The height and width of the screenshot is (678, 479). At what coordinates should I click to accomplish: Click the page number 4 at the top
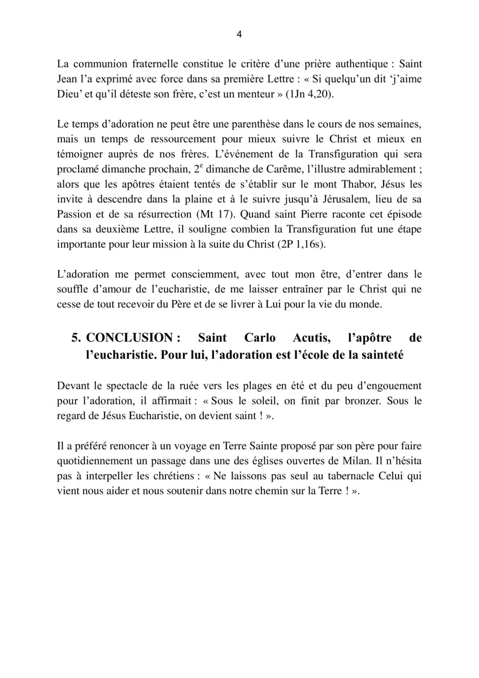pos(239,34)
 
